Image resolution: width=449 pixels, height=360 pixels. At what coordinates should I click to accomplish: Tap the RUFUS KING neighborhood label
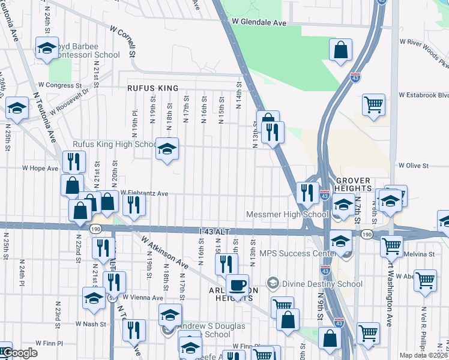click(153, 88)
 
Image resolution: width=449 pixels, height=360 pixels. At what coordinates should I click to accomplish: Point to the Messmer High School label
click(287, 214)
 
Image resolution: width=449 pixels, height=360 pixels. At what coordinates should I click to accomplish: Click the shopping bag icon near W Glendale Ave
click(340, 50)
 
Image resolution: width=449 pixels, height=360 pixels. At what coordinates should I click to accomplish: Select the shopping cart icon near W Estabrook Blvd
click(373, 104)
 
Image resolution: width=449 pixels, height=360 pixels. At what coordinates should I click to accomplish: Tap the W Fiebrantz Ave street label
click(144, 193)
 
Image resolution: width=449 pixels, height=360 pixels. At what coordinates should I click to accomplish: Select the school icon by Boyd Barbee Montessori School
click(46, 49)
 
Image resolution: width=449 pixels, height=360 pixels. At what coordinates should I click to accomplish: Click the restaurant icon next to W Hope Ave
click(74, 161)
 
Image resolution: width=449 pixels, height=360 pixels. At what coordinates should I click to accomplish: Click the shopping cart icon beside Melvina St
click(391, 244)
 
